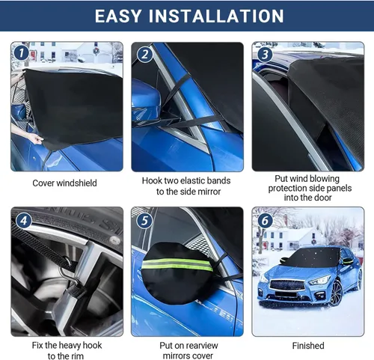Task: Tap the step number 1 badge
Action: point(21,53)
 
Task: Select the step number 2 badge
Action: point(144,54)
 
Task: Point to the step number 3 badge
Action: point(264,54)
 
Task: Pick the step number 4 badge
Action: point(23,220)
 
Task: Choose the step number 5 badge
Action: point(144,220)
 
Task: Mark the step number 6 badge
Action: point(264,220)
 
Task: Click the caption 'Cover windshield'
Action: point(64,182)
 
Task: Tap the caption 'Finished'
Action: point(308,345)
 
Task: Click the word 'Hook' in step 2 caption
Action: point(155,180)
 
